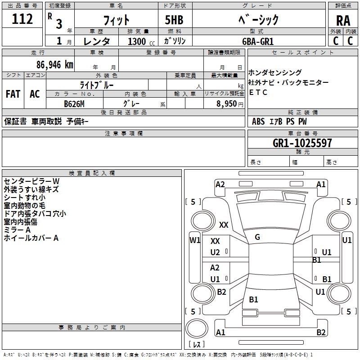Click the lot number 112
(x=22, y=19)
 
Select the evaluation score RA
(x=343, y=20)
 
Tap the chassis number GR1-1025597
(x=302, y=143)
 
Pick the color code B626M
(x=74, y=104)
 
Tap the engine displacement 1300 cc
(x=140, y=41)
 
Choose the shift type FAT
(x=13, y=94)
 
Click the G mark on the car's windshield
(x=257, y=237)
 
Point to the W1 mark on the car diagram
(x=195, y=240)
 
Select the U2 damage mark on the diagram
(x=216, y=252)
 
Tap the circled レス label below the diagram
(x=197, y=344)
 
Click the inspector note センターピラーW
(x=31, y=181)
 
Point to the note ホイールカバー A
(x=31, y=238)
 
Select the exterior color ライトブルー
(x=97, y=85)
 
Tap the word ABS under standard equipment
(x=258, y=121)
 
